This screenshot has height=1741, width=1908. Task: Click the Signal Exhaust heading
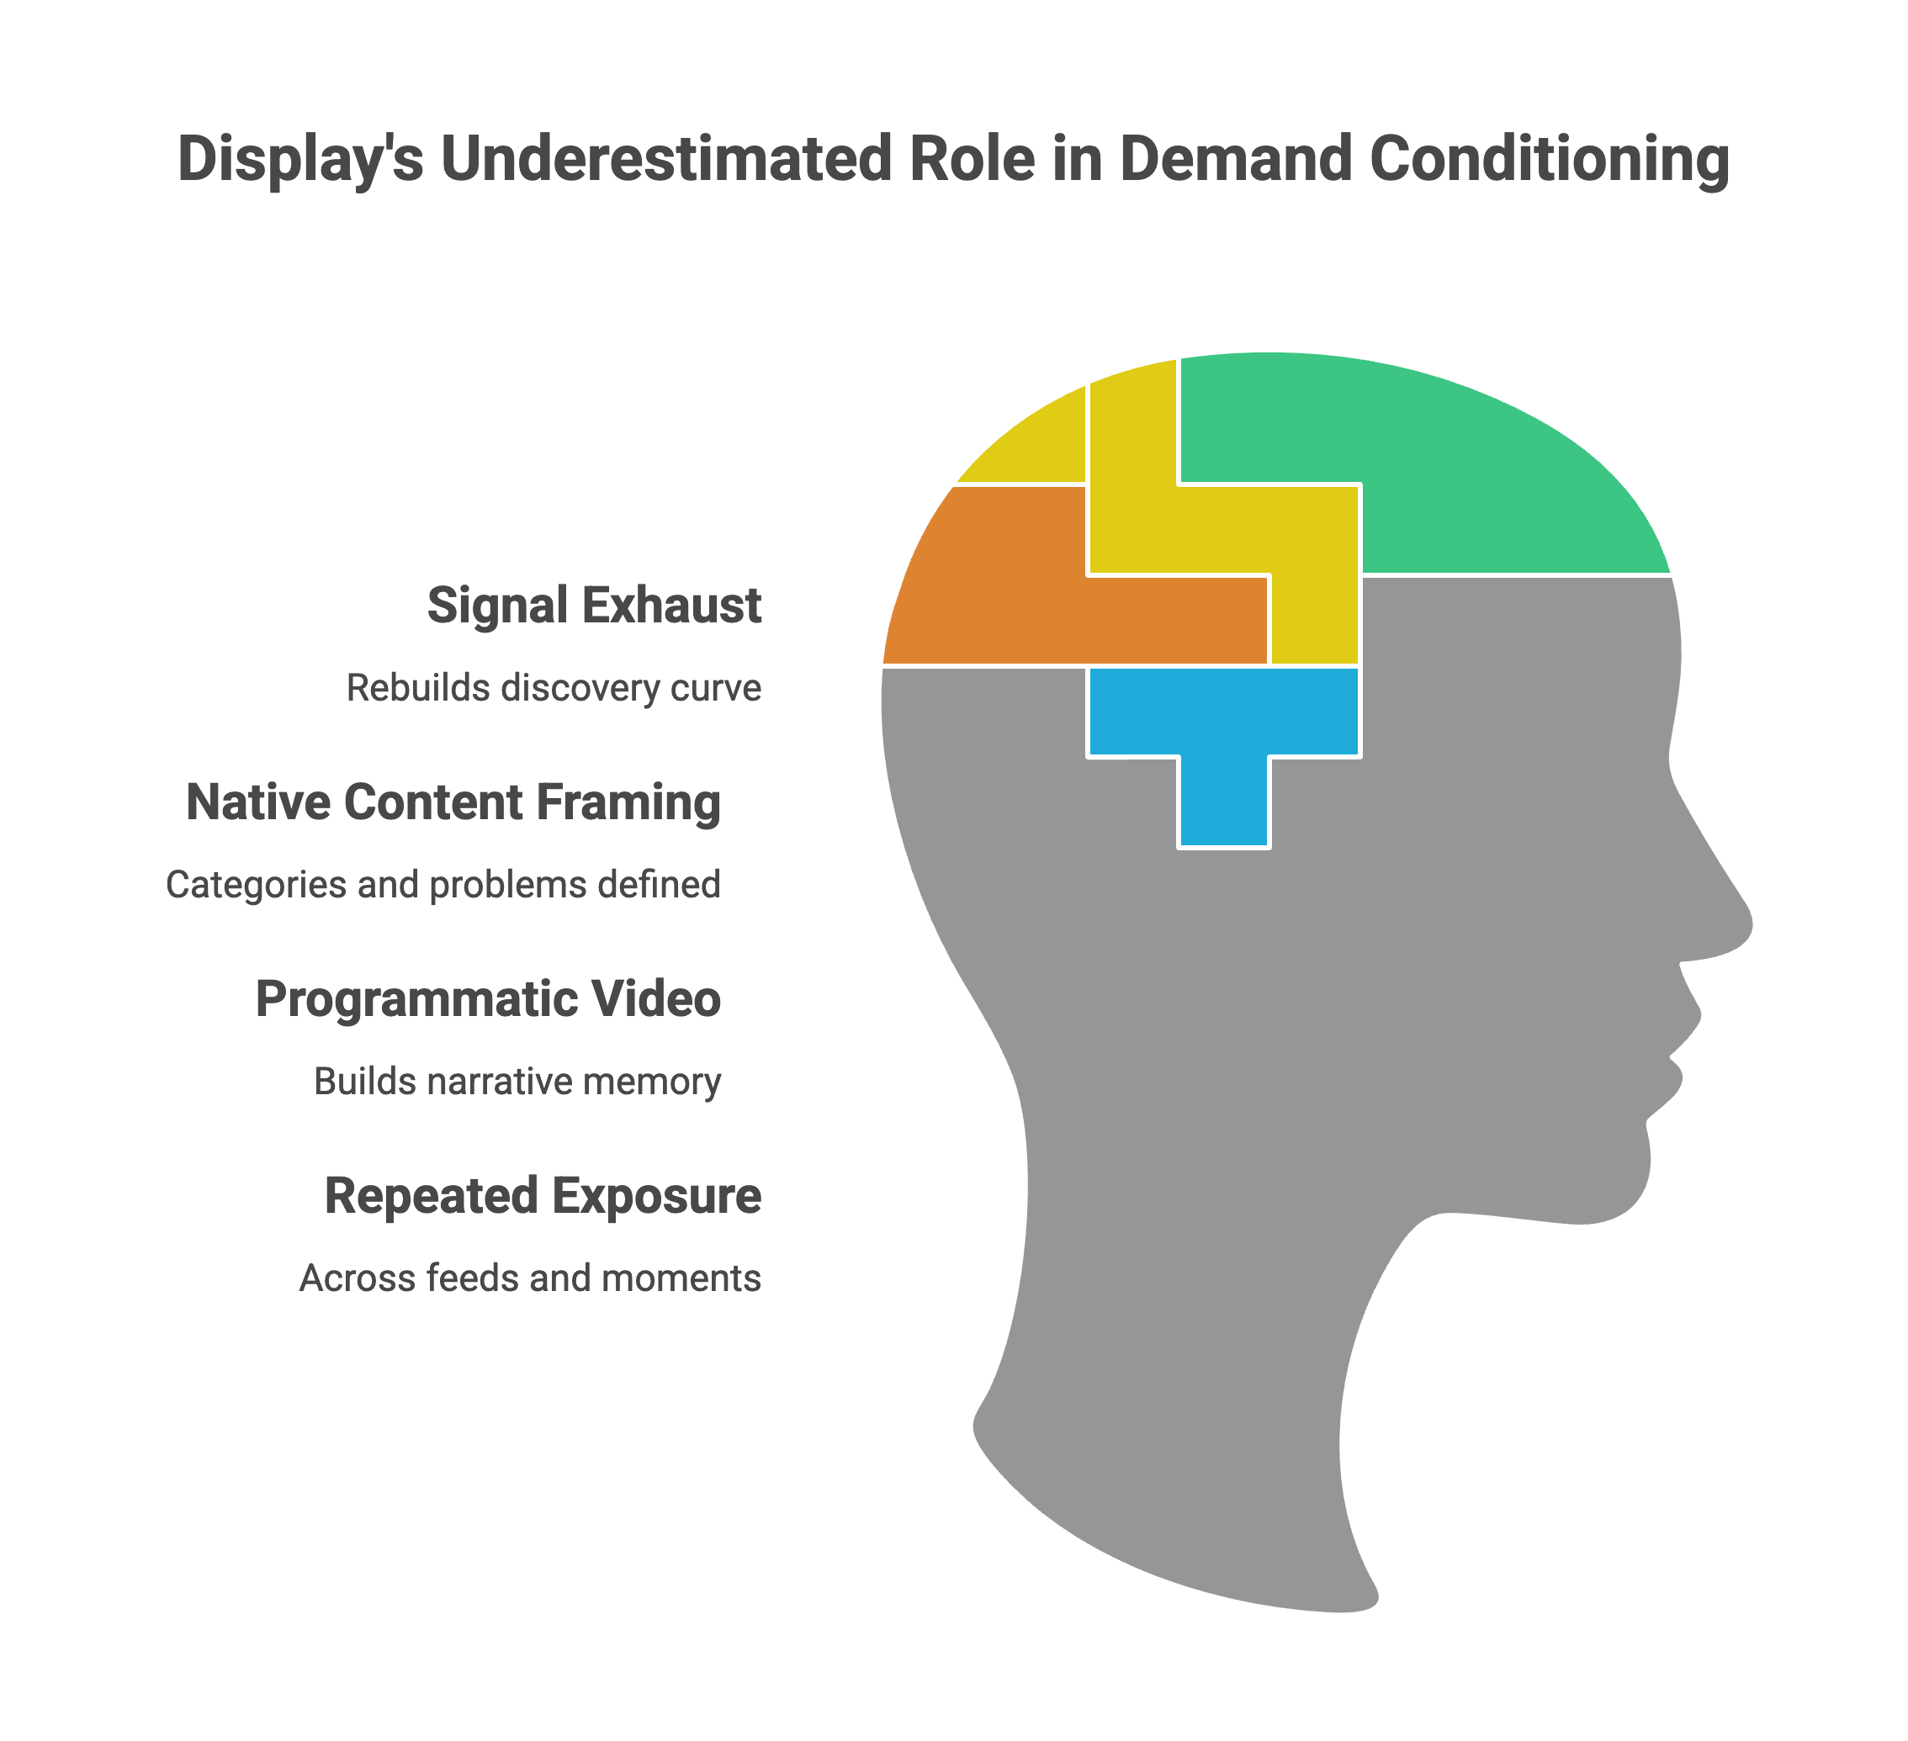tap(594, 606)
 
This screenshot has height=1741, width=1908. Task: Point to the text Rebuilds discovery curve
tap(554, 688)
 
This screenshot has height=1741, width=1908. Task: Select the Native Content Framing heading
tap(453, 802)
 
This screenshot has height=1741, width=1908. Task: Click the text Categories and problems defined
tap(443, 885)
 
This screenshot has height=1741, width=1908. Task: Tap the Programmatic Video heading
tap(488, 999)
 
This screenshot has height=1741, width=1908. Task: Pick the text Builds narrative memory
tap(517, 1082)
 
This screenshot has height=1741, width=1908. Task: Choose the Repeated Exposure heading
tap(543, 1196)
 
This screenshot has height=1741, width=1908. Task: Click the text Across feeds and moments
tap(530, 1278)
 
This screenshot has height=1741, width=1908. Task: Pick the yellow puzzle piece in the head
tap(1230, 530)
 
